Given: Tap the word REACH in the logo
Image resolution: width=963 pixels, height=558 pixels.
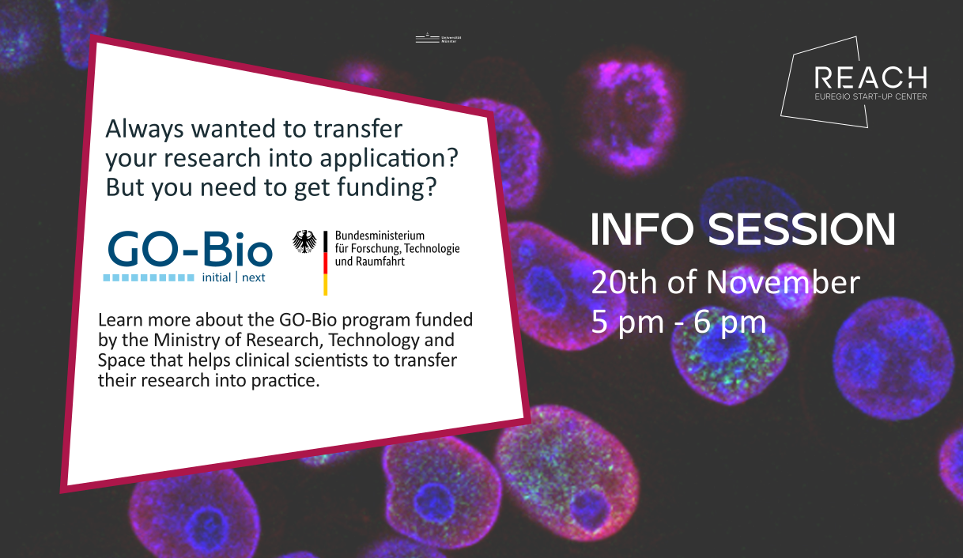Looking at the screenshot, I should point(870,77).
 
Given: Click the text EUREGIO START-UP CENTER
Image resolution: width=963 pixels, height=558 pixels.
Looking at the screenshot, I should point(870,97).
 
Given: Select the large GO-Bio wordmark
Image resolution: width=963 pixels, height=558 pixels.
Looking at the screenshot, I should point(190,250).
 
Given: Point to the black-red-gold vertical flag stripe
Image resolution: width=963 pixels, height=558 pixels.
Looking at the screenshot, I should point(324,262).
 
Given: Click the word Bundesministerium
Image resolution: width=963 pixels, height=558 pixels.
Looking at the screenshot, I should point(380,236).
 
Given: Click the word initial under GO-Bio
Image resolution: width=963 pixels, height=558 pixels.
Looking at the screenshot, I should point(217,278).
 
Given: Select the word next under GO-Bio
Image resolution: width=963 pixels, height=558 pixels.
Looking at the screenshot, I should point(254,278).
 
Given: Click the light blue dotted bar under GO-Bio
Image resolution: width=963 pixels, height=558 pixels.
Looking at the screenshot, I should point(149,278).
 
